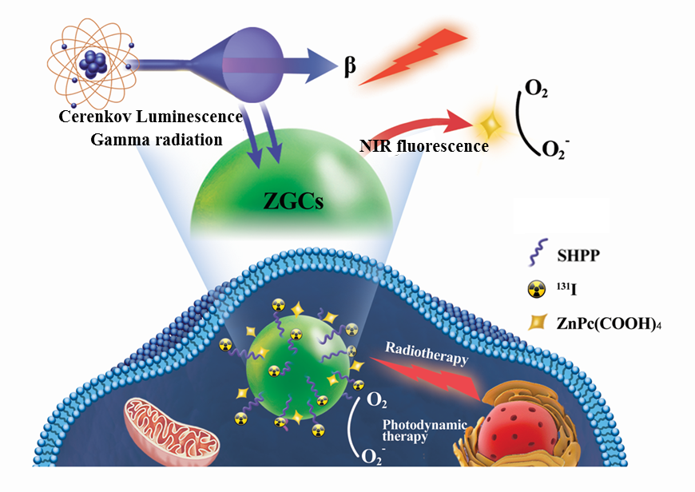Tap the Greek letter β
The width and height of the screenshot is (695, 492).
tap(350, 66)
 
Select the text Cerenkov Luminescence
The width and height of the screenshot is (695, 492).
tap(151, 117)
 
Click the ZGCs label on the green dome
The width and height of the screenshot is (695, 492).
tap(293, 201)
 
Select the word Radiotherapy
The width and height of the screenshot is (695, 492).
tap(424, 353)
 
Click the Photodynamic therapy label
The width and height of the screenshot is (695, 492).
tap(415, 430)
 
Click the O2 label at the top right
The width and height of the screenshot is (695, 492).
tap(534, 86)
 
